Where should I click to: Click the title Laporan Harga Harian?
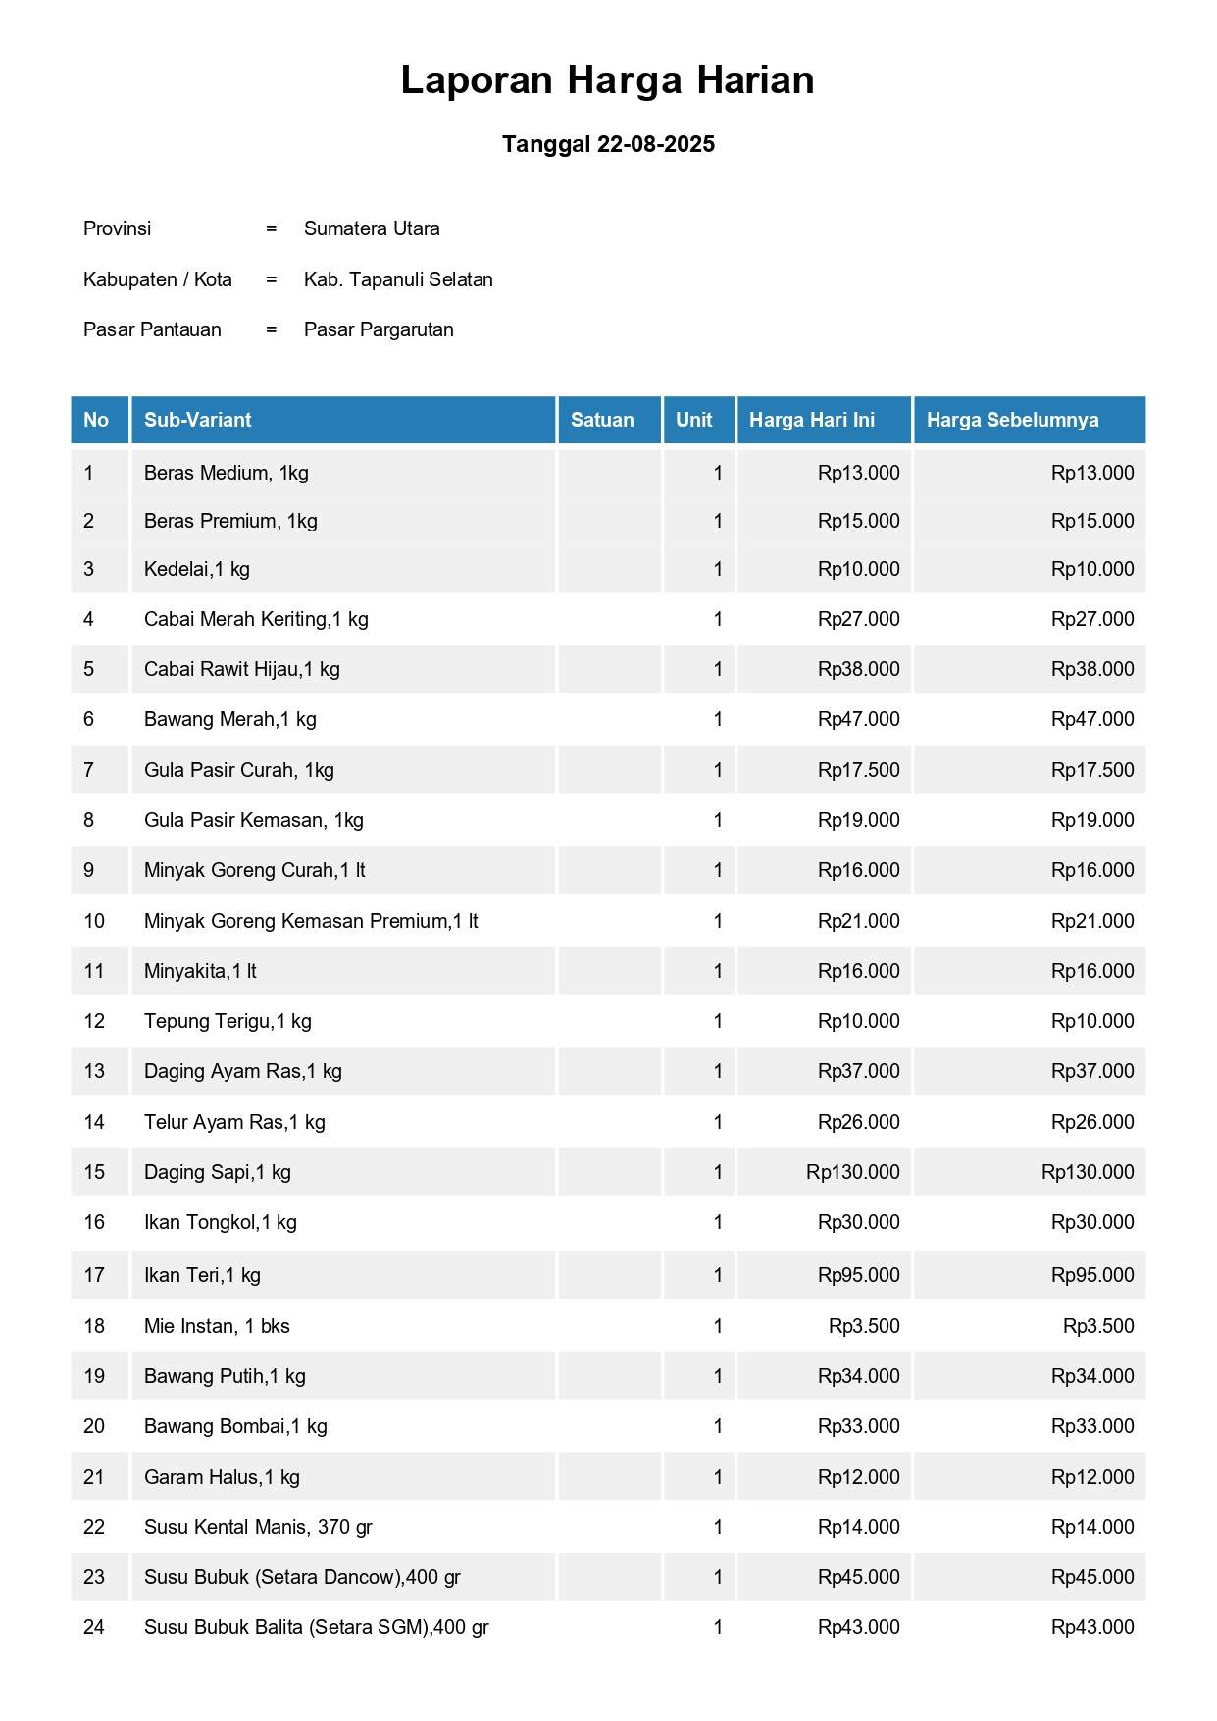coord(607,80)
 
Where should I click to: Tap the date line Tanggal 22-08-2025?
coord(608,144)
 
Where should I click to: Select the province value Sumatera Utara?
coord(372,228)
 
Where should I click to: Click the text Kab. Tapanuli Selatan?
coord(398,279)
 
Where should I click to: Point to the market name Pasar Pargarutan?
coord(379,329)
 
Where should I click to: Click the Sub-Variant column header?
coord(198,420)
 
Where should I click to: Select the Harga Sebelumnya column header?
coord(1012,420)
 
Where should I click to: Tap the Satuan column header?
coord(602,420)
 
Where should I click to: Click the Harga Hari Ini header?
coord(812,420)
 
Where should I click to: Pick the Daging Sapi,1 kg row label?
coord(218,1172)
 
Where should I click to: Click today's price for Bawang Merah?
coord(858,719)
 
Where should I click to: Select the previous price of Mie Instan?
coord(1098,1326)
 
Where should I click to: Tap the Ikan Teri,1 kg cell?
coord(202,1275)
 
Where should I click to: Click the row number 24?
coord(94,1627)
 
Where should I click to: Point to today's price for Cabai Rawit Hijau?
coord(858,669)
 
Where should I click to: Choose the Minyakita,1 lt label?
coord(200,971)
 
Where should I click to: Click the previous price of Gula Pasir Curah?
coord(1092,770)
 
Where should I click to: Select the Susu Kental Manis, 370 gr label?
coord(258,1527)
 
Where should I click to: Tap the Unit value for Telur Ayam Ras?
coord(718,1122)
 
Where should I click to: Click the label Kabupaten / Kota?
coord(158,279)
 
